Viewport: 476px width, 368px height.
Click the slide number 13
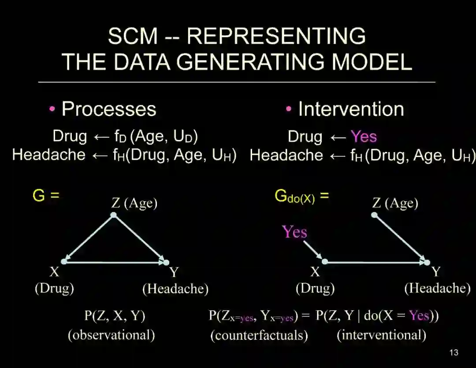[454, 353]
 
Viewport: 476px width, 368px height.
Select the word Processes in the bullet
[109, 109]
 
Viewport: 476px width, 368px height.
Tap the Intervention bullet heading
[351, 109]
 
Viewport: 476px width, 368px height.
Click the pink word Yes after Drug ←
[364, 137]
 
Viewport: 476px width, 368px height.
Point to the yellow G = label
[46, 195]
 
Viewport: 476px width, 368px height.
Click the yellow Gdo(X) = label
[301, 196]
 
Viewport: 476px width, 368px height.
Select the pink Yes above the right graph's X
[294, 232]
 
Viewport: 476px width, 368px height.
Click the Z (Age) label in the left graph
[134, 203]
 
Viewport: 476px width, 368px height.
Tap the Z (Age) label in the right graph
[395, 203]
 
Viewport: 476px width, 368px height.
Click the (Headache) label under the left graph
[175, 289]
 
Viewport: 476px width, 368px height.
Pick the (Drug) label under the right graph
[315, 289]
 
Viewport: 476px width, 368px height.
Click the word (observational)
[111, 335]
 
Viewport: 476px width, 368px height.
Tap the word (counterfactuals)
[259, 335]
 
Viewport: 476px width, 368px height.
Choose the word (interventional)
[381, 335]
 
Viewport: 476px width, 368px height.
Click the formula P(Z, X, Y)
[115, 316]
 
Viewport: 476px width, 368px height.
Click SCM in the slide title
[133, 36]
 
